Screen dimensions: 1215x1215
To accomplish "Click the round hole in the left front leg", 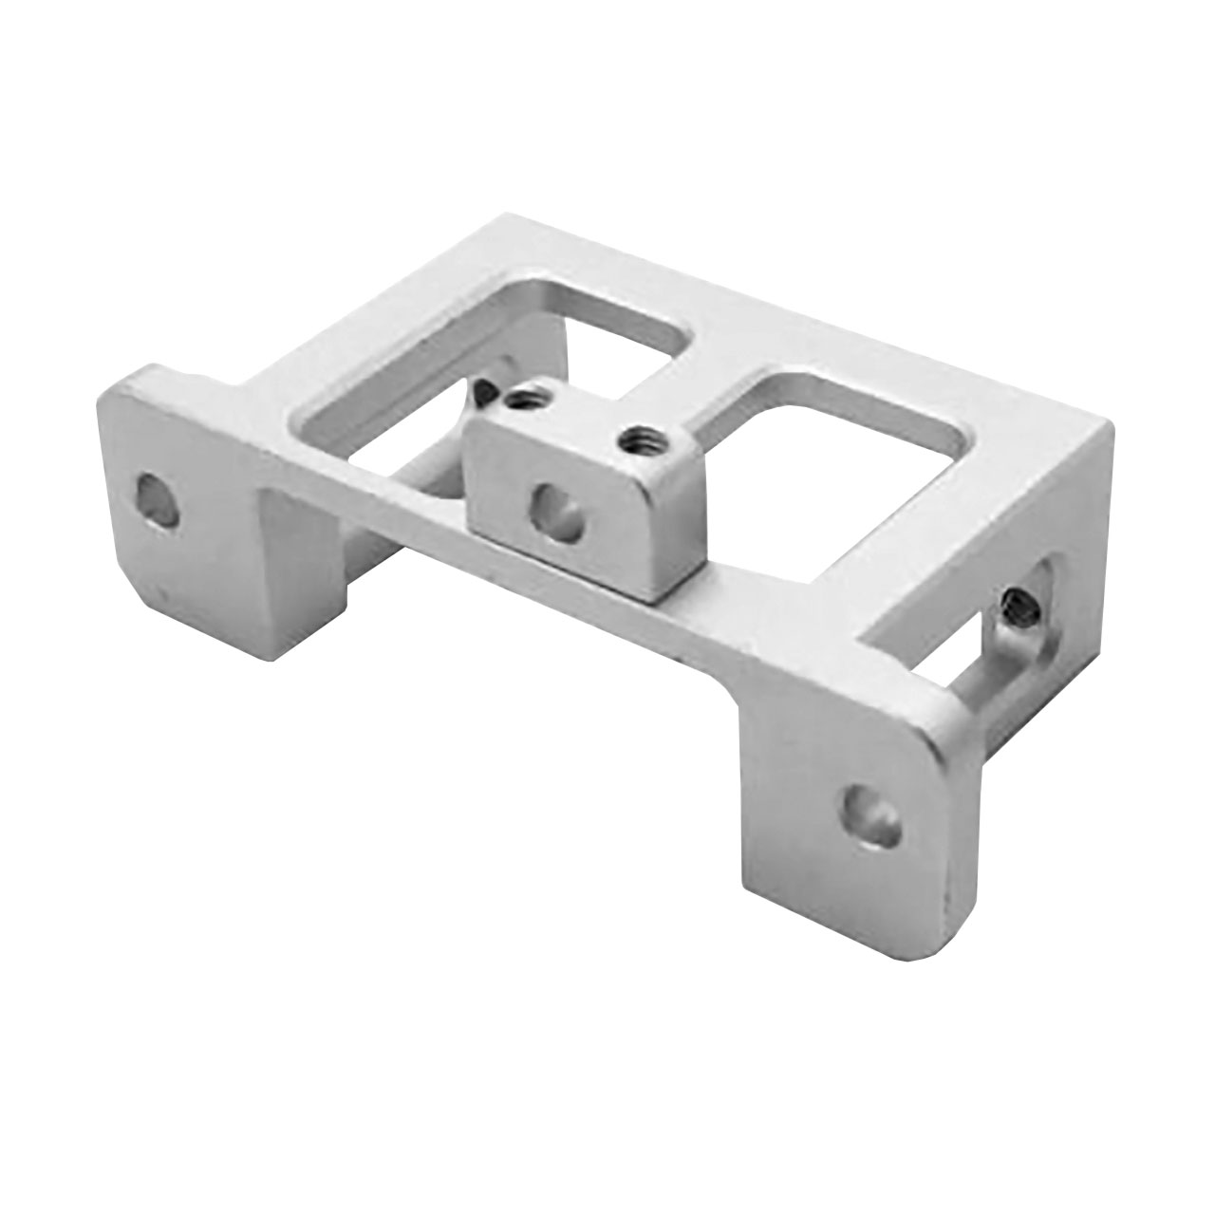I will click(158, 500).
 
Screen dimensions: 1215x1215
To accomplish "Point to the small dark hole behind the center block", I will click(486, 389).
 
